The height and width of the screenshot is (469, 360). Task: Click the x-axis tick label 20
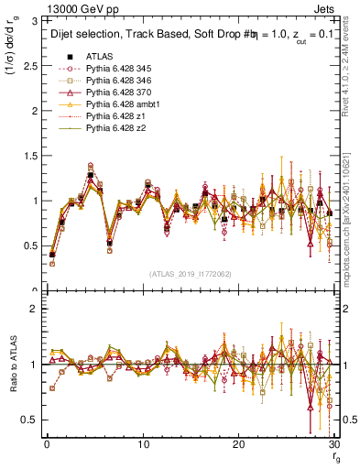[238, 446]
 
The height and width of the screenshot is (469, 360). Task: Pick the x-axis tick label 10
[142, 446]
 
